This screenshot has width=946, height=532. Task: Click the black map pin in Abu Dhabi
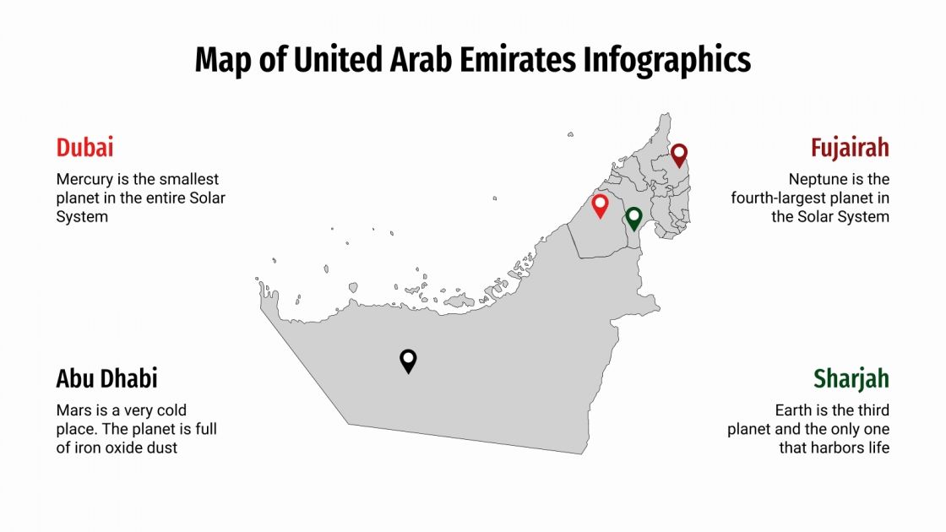click(408, 361)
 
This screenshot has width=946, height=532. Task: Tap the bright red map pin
click(600, 205)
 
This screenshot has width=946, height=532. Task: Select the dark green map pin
click(633, 219)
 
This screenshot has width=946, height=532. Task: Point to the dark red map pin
click(679, 155)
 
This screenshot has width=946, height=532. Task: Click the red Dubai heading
click(84, 148)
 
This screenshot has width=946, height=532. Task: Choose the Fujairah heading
click(850, 148)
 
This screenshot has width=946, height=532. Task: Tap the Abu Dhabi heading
click(107, 378)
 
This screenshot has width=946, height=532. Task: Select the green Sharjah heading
click(851, 379)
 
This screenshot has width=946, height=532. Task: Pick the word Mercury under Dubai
click(84, 180)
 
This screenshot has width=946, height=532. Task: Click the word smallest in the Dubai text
click(189, 180)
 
